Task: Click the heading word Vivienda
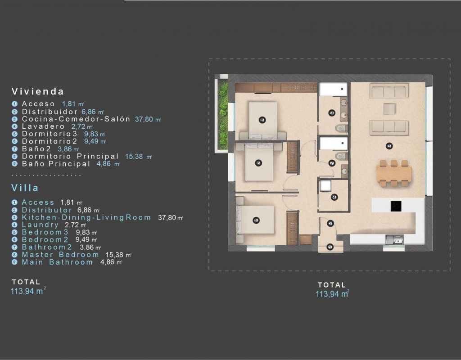[38, 91]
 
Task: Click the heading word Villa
[25, 188]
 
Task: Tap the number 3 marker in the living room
[390, 146]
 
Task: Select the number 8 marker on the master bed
[262, 120]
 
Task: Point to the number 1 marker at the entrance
[330, 247]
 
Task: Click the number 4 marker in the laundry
[334, 197]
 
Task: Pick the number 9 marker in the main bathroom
[332, 113]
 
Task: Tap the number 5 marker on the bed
[256, 220]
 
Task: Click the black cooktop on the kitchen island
[396, 206]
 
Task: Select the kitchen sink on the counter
[394, 239]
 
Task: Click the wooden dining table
[394, 173]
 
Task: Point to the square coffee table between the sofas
[389, 109]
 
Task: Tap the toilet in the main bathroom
[342, 128]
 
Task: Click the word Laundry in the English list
[40, 225]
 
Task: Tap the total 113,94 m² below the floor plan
[332, 293]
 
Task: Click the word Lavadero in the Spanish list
[43, 126]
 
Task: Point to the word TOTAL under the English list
[26, 282]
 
